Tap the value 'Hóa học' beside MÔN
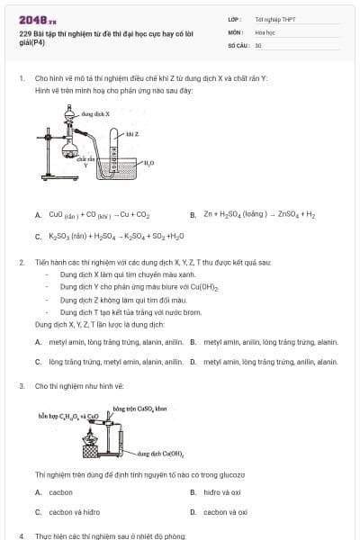coord(265,31)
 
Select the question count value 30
coord(258,44)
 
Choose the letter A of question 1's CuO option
coord(38,215)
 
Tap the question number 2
coord(21,262)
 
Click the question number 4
coord(21,535)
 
